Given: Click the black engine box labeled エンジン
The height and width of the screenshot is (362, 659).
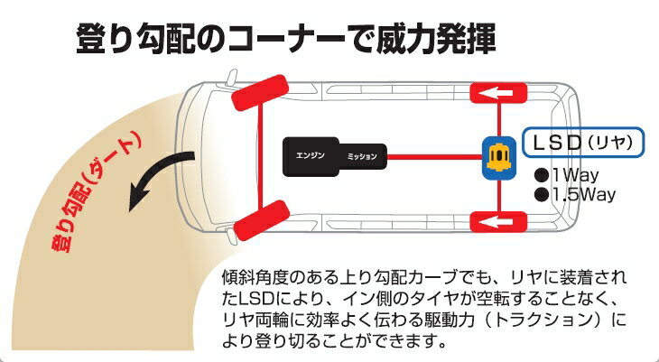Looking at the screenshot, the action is pos(311,156).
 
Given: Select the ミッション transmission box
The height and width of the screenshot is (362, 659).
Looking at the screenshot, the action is pos(362,156).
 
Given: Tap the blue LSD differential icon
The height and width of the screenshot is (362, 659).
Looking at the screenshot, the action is pos(499,158).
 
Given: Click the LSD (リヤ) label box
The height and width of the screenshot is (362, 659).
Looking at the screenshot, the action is pos(583,143).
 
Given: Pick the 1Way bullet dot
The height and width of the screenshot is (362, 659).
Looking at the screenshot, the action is pos(542,174).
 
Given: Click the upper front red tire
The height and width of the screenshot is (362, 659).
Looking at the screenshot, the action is pos(260,92).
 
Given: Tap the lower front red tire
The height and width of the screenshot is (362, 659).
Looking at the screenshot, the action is pos(261,220).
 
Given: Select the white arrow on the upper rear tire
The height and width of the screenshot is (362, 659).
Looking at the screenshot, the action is pos(497,93).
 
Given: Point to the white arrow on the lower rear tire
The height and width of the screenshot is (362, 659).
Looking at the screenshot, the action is pos(497,221).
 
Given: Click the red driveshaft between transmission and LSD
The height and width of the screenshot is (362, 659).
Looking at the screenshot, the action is pos(434,157).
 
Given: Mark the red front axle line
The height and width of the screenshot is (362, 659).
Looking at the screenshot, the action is pos(261,156).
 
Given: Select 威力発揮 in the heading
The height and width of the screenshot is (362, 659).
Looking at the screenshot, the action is pos(436,39).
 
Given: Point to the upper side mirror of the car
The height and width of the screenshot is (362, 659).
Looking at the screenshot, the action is pos(231,78).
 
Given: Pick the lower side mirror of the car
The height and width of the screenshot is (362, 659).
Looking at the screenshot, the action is pos(231,236).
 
